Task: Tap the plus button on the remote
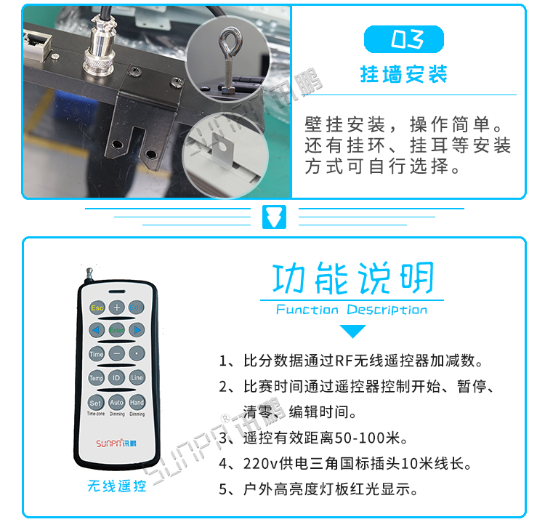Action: point(116,307)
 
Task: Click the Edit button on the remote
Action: point(137,307)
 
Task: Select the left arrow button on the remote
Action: point(96,330)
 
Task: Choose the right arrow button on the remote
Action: point(137,330)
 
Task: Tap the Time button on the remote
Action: point(96,354)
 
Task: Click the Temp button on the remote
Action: point(96,378)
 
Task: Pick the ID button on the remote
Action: point(116,378)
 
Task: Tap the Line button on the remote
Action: point(137,378)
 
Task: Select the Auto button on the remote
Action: point(116,402)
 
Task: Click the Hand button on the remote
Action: point(137,402)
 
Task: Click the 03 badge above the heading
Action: point(404,39)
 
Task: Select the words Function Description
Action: point(352,310)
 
